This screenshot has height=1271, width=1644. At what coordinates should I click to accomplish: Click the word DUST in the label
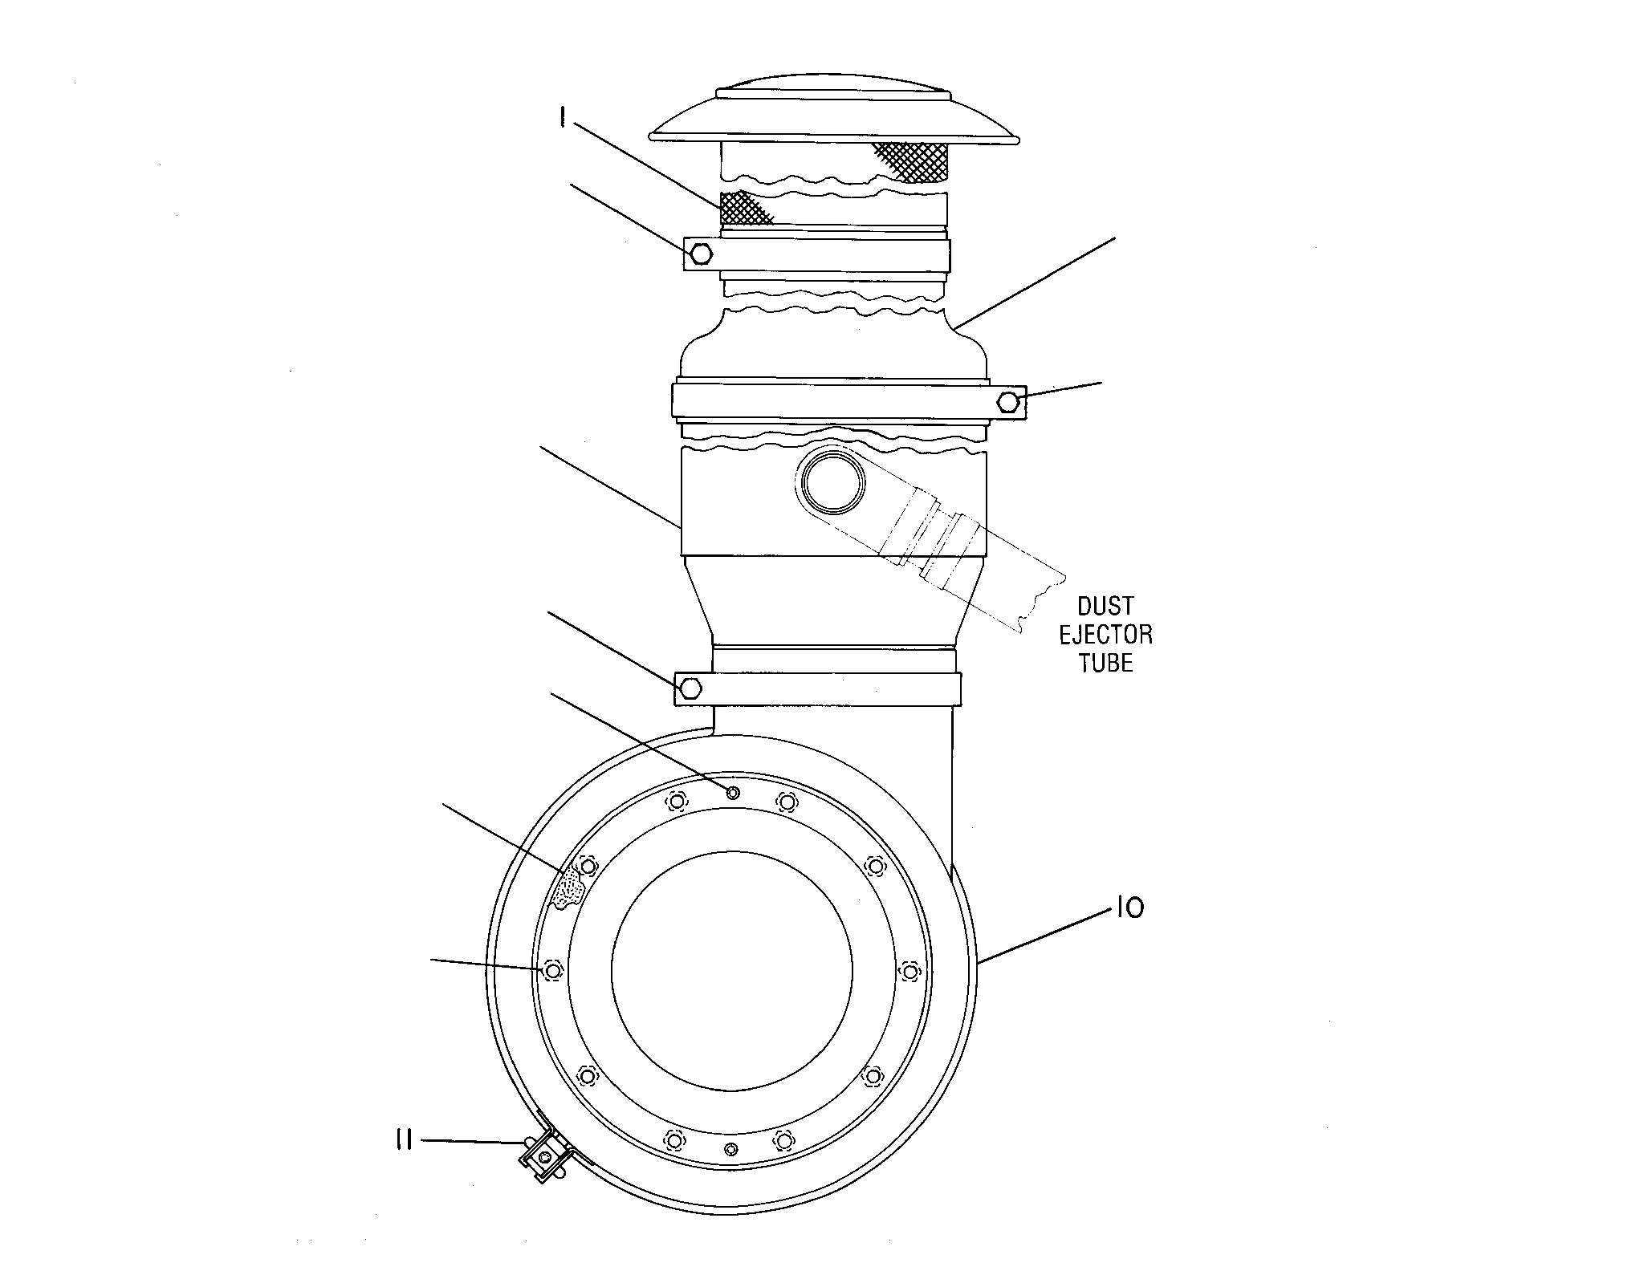coord(1105,606)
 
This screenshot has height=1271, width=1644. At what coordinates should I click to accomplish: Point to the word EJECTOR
coord(1105,635)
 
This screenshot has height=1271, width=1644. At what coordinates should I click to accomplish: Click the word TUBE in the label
coord(1105,663)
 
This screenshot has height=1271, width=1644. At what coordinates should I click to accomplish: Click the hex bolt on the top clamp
coord(701,254)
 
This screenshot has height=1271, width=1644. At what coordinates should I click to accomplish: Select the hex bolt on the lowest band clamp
coord(691,688)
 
